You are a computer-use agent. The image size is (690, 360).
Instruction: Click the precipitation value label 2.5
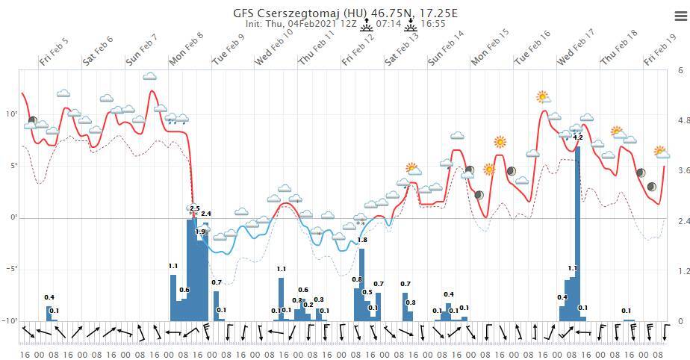195,208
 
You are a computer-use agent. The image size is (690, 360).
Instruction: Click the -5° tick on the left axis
10,270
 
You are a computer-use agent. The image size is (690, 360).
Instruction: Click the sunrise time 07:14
389,24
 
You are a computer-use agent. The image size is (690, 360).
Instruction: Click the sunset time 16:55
432,24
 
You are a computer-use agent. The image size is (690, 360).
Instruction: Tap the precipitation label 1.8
362,240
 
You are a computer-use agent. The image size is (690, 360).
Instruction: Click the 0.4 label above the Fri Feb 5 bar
49,298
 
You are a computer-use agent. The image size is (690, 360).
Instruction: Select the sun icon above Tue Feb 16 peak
543,97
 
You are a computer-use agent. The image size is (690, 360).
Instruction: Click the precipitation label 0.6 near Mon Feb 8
184,290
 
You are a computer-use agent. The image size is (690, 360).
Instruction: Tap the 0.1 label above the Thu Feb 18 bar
626,311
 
